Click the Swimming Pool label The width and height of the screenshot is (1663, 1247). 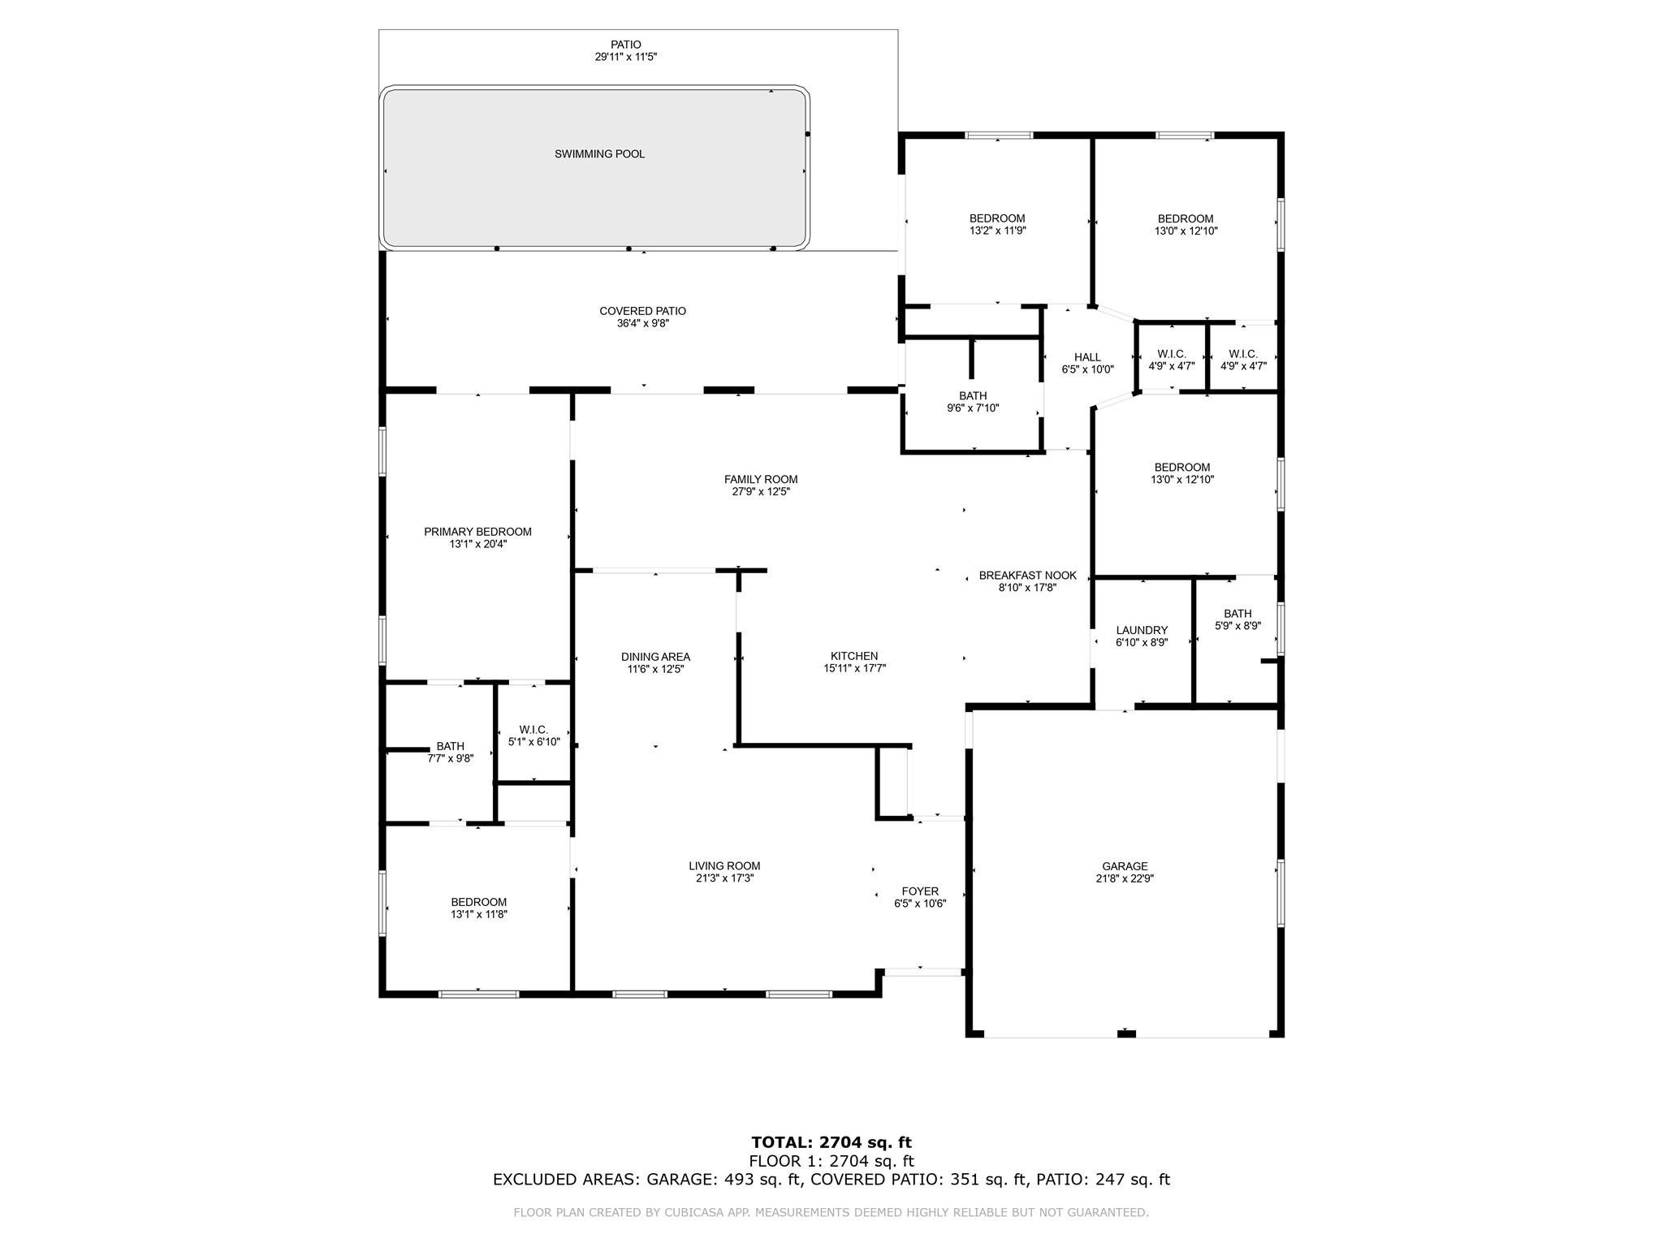[599, 154]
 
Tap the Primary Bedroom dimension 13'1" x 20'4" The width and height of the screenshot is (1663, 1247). [478, 545]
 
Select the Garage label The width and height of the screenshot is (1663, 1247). [1125, 866]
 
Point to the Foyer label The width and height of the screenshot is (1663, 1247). [920, 891]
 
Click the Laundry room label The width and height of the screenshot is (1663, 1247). [1142, 630]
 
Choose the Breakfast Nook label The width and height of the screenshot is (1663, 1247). [1027, 576]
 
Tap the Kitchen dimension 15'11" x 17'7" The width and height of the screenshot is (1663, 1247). [854, 669]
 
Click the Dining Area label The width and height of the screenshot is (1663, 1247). [655, 657]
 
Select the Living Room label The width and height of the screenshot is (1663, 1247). [724, 866]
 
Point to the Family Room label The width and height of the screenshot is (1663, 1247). [761, 479]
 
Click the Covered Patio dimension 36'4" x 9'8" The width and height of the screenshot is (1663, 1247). [643, 323]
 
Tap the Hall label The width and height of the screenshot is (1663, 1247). [1087, 357]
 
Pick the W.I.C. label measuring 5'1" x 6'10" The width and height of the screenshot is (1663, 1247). [533, 730]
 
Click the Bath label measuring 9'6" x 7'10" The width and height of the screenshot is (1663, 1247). [973, 396]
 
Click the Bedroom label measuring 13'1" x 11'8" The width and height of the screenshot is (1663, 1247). [479, 902]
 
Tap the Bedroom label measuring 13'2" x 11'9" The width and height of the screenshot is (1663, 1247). [997, 218]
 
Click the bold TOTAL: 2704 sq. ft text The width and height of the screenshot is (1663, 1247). [831, 1143]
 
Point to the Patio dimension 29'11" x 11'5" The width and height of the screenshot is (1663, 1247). [625, 58]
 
